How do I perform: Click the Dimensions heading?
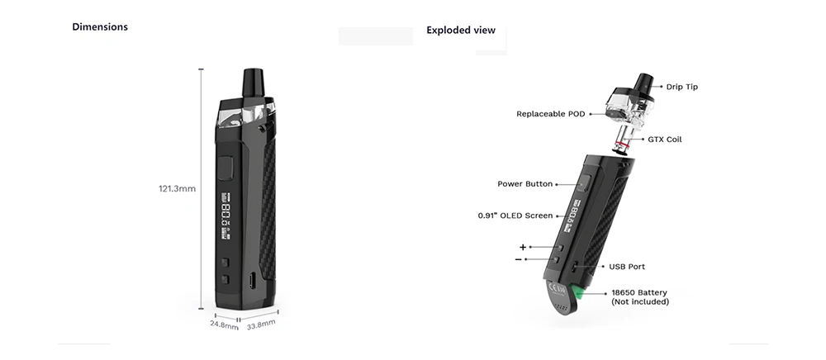click(100, 27)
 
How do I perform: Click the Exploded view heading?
click(461, 31)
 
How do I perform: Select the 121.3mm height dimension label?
click(177, 188)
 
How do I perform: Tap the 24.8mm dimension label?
click(225, 324)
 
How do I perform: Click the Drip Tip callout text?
click(681, 87)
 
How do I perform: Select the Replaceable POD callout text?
click(550, 114)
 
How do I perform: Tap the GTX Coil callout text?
click(665, 140)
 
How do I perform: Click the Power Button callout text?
click(525, 183)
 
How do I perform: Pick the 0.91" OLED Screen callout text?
click(515, 216)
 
